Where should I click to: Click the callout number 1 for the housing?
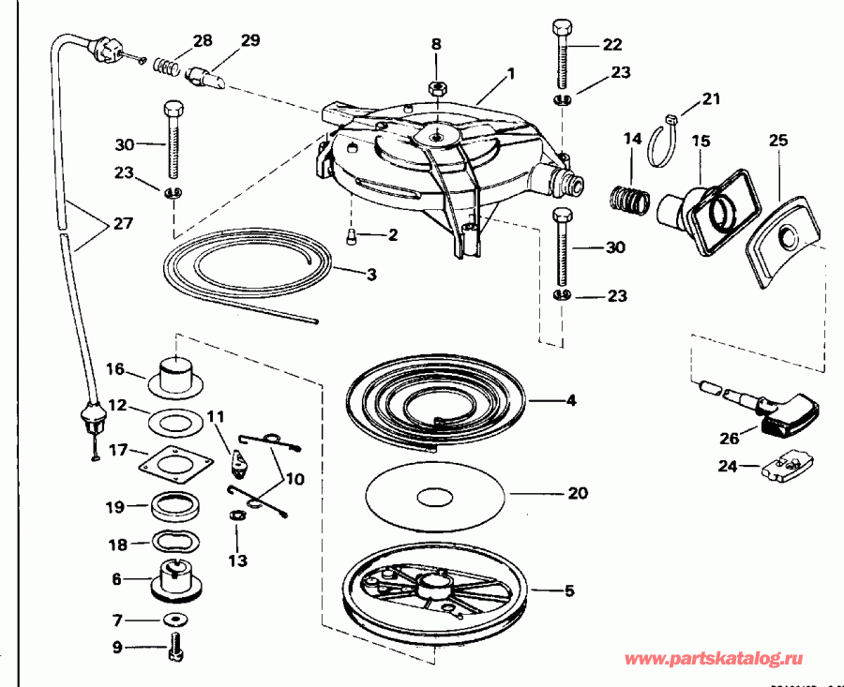(x=511, y=72)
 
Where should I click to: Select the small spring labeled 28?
(x=167, y=68)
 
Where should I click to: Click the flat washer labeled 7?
(x=174, y=620)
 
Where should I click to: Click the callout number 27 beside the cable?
(x=122, y=225)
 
